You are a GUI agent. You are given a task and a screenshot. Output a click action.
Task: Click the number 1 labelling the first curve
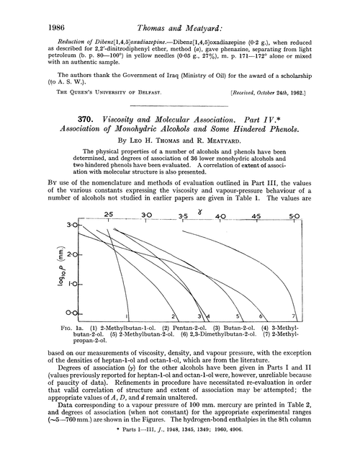pyautogui.click(x=126, y=316)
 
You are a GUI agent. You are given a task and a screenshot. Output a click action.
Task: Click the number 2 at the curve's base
pyautogui.click(x=174, y=316)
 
